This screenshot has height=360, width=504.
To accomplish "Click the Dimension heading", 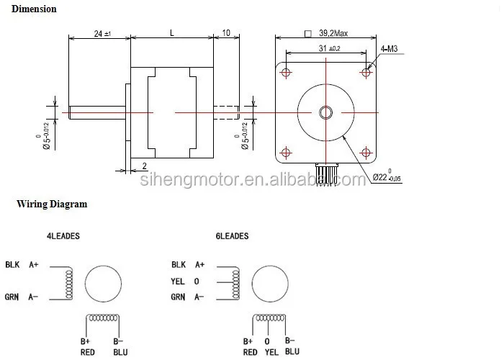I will coord(34,9).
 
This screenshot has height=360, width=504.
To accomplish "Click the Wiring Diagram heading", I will coord(52,204).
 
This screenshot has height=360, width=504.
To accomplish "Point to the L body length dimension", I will coord(171,33).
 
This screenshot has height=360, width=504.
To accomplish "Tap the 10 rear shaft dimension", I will coord(226,33).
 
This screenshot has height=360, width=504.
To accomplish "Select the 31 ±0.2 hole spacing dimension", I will coord(328,48).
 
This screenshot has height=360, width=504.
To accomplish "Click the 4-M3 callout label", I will coord(389,49).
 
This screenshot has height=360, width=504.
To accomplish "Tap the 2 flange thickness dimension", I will coord(145,165).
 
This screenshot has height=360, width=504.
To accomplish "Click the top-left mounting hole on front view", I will coord(287,73).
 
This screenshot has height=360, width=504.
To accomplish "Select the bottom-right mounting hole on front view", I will coord(366,152).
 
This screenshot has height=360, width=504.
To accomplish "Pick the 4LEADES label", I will coord(63,236).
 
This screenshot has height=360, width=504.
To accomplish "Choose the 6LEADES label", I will coord(231,236).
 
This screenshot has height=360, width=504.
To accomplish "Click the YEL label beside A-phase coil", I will coord(178,281).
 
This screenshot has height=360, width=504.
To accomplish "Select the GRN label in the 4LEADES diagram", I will coord(12,297).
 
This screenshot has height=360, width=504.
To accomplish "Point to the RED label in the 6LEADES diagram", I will coord(250,352).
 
